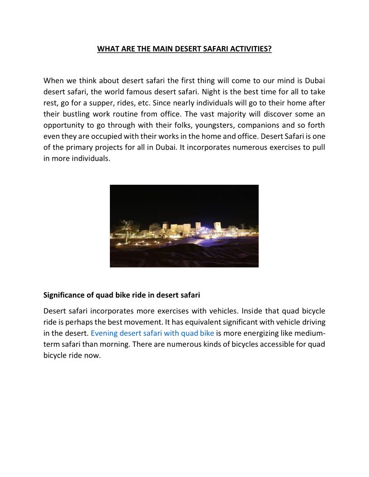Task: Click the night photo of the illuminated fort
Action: pos(184,226)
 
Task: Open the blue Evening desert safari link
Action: pos(152,334)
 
